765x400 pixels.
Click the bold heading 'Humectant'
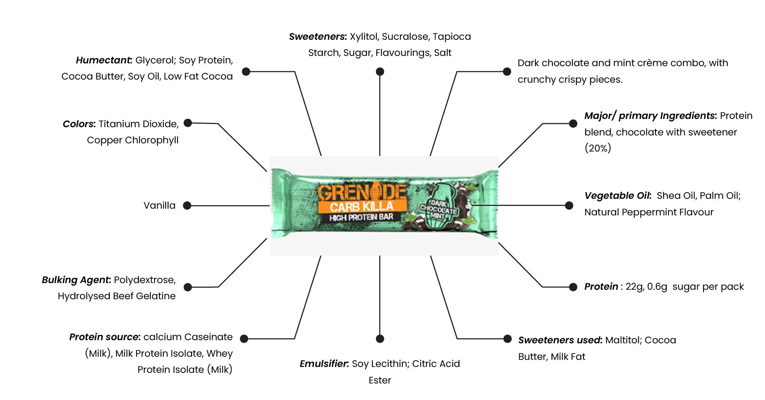click(104, 60)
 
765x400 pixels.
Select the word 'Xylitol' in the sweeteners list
click(364, 37)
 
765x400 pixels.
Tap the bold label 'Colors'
click(79, 124)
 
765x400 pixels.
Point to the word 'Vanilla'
click(159, 206)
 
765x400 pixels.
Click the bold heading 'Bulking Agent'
click(76, 280)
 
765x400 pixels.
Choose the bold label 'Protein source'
click(104, 337)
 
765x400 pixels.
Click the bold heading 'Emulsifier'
click(324, 364)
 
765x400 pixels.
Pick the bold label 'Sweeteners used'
click(560, 340)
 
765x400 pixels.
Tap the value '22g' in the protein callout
click(634, 287)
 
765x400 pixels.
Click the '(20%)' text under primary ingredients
click(598, 148)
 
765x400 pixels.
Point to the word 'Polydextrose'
click(144, 280)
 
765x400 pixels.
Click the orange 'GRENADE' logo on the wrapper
click(361, 193)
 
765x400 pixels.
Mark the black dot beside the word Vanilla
click(187, 206)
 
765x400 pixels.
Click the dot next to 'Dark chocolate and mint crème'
click(507, 72)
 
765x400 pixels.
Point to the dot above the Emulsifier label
click(380, 339)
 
